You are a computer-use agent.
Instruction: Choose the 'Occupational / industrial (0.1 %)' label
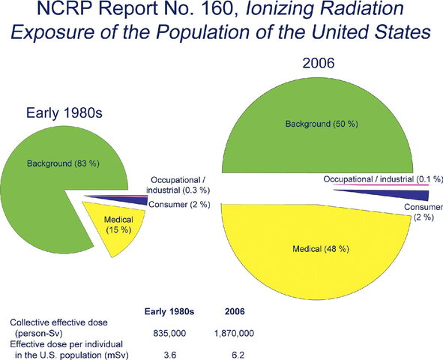point(383,179)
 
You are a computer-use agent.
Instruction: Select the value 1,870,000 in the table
point(233,331)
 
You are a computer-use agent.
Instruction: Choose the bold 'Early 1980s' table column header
point(169,309)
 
